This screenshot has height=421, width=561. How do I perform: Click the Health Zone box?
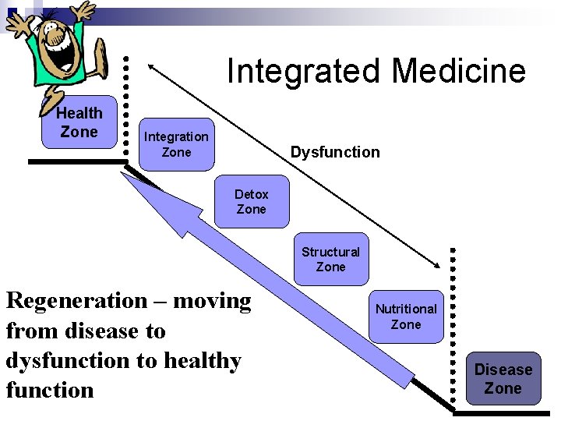click(x=79, y=123)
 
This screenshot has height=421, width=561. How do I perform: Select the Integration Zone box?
click(x=175, y=144)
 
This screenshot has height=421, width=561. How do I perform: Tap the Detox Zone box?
click(x=251, y=202)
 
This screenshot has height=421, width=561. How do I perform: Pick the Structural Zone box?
click(x=330, y=260)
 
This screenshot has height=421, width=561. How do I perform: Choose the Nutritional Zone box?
click(x=405, y=317)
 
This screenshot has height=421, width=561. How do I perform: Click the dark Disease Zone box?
click(x=503, y=379)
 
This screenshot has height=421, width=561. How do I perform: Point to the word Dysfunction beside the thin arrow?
click(x=335, y=152)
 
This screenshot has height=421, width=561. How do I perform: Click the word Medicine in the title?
click(x=458, y=71)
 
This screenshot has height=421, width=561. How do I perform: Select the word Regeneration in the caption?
click(x=76, y=301)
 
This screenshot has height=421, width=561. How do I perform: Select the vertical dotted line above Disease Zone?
click(x=453, y=327)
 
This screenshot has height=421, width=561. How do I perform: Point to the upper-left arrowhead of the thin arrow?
click(x=153, y=66)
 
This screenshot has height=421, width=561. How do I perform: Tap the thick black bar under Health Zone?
click(x=76, y=161)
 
